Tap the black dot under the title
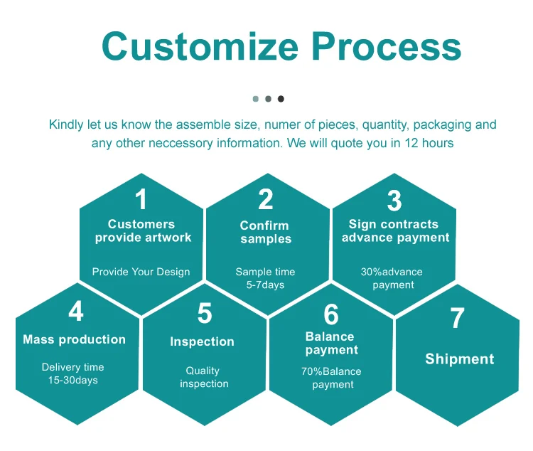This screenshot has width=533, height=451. (281, 99)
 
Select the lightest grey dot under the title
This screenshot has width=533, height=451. (255, 99)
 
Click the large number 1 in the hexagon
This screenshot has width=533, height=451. (141, 200)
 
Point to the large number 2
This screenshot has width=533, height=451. (265, 200)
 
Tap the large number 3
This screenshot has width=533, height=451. (394, 201)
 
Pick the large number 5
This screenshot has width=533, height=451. (205, 314)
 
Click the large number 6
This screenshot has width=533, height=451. (331, 314)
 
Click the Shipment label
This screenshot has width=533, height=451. (459, 359)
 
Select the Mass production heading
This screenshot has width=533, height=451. (74, 339)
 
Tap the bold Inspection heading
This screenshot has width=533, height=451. (202, 342)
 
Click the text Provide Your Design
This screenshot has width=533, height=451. (141, 272)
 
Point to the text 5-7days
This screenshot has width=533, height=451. (265, 285)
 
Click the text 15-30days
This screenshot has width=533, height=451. (73, 380)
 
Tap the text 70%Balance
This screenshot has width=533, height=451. (331, 371)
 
